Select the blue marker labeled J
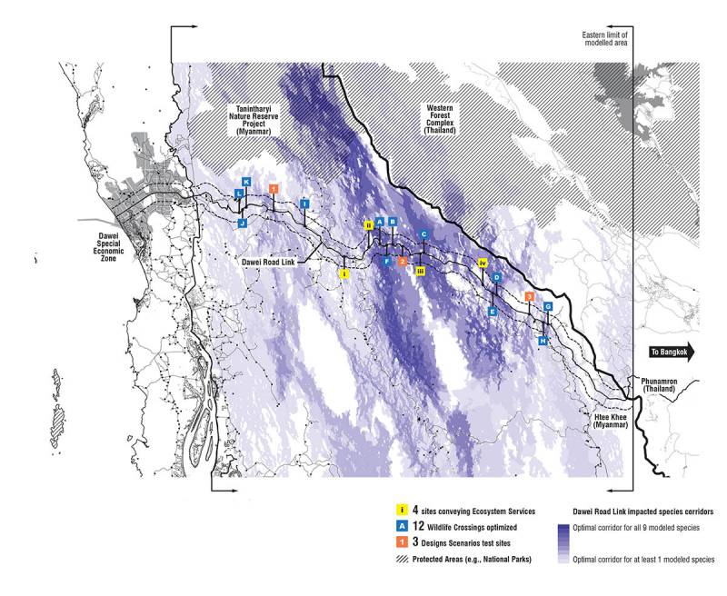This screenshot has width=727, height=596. [x=243, y=223]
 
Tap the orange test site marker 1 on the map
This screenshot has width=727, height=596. [x=274, y=188]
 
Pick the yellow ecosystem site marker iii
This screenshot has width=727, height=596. [x=421, y=271]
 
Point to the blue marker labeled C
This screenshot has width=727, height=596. [x=423, y=234]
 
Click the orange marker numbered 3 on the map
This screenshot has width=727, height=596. [x=529, y=297]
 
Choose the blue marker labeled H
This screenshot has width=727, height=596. [x=543, y=341]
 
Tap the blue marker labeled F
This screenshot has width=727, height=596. [x=387, y=262]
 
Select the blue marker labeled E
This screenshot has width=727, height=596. [x=493, y=312]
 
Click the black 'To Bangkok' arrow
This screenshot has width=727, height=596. [x=671, y=352]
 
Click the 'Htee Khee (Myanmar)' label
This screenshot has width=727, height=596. [x=603, y=421]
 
